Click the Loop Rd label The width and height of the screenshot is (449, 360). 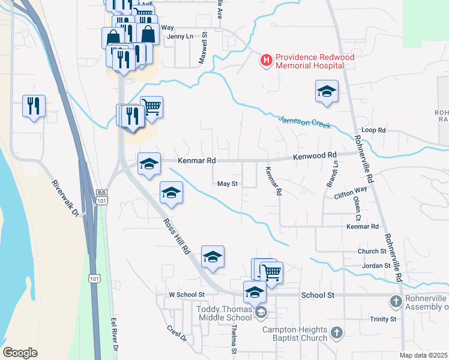click(373, 130)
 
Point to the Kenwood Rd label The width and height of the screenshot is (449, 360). click(314, 155)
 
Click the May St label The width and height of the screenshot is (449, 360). click(228, 184)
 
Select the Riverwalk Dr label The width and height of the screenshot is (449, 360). click(65, 198)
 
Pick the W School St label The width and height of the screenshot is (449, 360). click(187, 295)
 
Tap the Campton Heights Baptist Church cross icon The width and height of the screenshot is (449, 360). click(337, 332)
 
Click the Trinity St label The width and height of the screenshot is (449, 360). click(383, 319)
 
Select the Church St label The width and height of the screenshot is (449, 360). click(372, 251)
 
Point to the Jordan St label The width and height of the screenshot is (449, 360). click(376, 265)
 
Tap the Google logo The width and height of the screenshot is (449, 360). click(20, 353)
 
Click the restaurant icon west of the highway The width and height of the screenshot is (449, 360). click(34, 106)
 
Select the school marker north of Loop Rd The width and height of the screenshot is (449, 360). click(327, 92)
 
